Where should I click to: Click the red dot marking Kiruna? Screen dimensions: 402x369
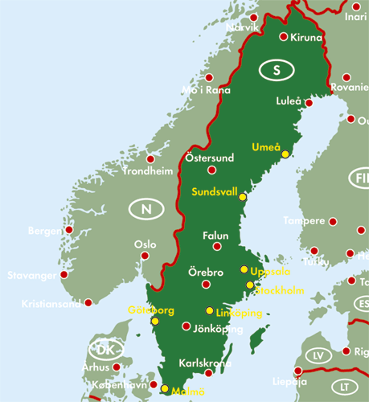pos(283,36)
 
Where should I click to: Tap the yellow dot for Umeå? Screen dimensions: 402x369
pos(285,154)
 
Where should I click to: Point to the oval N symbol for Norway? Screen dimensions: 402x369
pos(146,211)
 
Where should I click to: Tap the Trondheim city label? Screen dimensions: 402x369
pos(147,171)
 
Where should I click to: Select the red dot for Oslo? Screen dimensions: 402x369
pos(146,256)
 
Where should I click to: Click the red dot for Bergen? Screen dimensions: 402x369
pos(69,230)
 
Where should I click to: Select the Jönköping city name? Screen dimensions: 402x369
pos(217,330)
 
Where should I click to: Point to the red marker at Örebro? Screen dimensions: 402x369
pos(207,283)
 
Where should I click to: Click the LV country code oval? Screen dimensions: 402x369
pos(319,355)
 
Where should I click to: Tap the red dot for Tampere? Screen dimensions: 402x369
pos(333,221)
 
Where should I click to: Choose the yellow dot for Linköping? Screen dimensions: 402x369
pos(210,311)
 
